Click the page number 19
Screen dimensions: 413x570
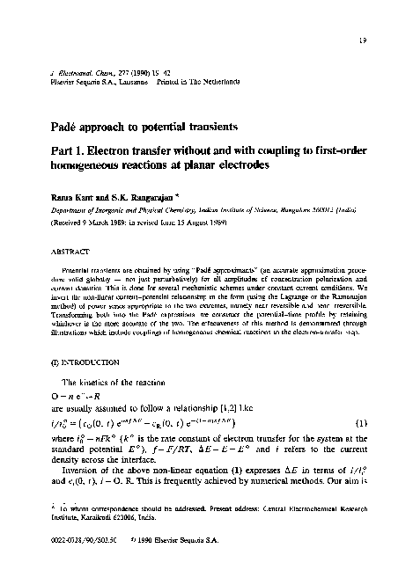387,39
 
